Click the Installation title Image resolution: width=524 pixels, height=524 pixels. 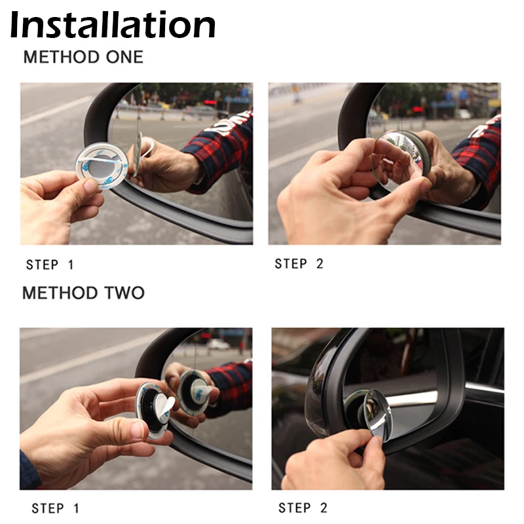pos(113,25)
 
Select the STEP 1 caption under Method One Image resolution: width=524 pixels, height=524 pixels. pos(50,265)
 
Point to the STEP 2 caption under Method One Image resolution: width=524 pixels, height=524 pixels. pos(299,263)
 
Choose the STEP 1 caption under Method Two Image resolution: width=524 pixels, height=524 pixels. pos(56,508)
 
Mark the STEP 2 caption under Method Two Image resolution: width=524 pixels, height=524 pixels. pos(303,508)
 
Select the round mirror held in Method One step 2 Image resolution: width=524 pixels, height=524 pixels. pos(400,160)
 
